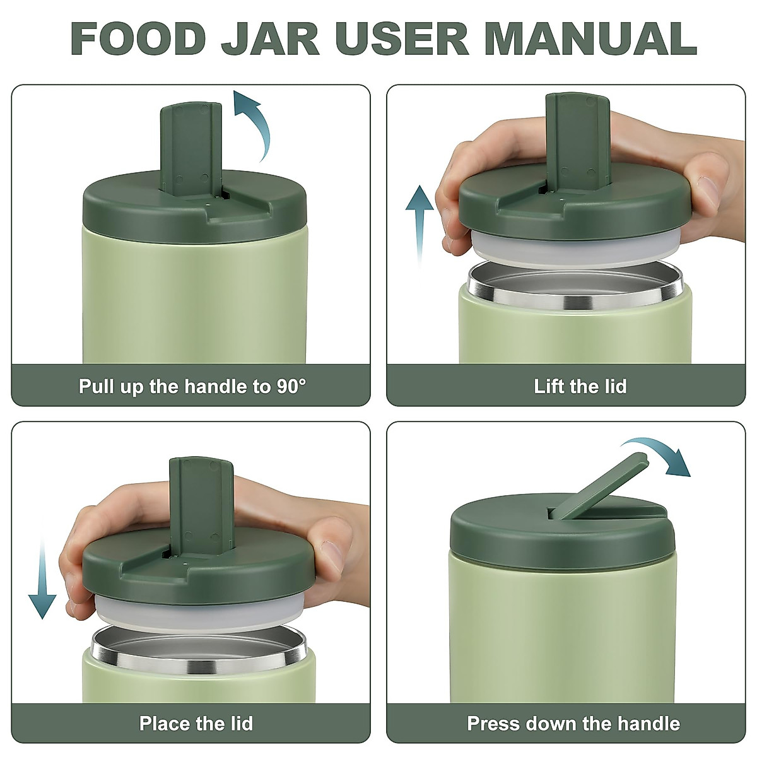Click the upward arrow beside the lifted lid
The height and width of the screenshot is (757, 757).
click(420, 221)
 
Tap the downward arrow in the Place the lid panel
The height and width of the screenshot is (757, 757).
click(42, 580)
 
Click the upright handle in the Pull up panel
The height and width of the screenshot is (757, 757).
click(191, 148)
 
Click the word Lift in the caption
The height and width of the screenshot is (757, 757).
click(549, 386)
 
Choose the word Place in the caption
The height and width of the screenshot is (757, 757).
click(165, 723)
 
